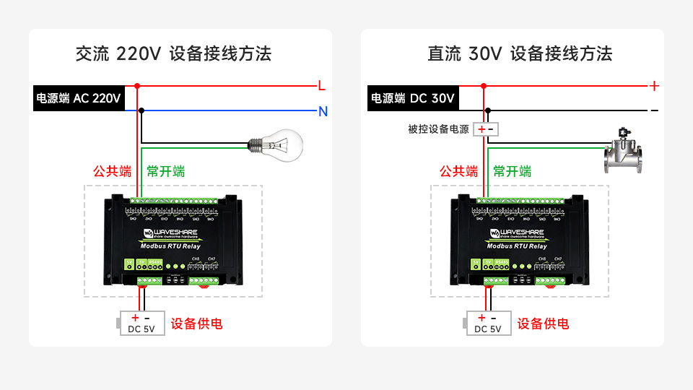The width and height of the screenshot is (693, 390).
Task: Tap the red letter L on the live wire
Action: pyautogui.click(x=322, y=86)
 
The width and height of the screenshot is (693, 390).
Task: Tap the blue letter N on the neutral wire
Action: pyautogui.click(x=323, y=111)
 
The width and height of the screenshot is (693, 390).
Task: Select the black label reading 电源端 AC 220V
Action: pyautogui.click(x=79, y=98)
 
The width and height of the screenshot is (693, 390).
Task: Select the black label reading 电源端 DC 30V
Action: pyautogui.click(x=413, y=98)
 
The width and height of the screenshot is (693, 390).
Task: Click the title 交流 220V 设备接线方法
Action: pyautogui.click(x=173, y=53)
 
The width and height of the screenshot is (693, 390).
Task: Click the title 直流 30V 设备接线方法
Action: pyautogui.click(x=520, y=53)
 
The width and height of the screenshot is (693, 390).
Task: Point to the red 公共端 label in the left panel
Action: pyautogui.click(x=112, y=172)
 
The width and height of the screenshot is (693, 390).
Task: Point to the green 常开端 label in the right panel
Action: pyautogui.click(x=513, y=172)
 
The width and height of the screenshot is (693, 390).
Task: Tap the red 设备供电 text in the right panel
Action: pyautogui.click(x=543, y=324)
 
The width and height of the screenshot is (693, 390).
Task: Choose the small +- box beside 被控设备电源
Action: pyautogui.click(x=486, y=129)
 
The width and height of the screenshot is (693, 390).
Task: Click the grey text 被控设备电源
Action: pyautogui.click(x=438, y=129)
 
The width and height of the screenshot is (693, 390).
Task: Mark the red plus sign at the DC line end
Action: pyautogui.click(x=654, y=86)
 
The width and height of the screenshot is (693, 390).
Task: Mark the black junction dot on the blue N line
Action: pyautogui.click(x=141, y=110)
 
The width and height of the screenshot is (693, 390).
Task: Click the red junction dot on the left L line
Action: pyautogui.click(x=136, y=86)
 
